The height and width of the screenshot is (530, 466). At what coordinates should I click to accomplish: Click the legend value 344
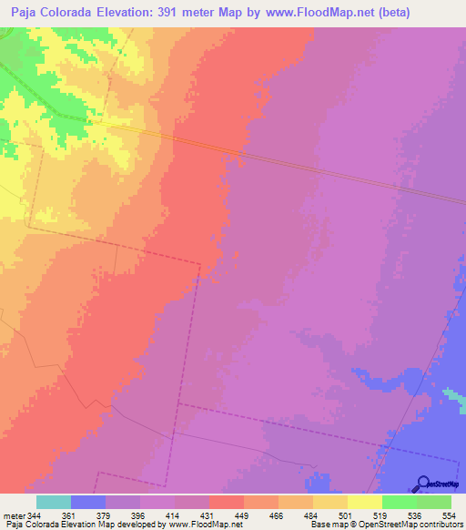click(x=35, y=515)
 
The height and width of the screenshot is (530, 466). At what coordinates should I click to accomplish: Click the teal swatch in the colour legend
click(x=54, y=502)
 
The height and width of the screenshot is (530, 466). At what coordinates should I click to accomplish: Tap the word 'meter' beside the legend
click(x=13, y=515)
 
